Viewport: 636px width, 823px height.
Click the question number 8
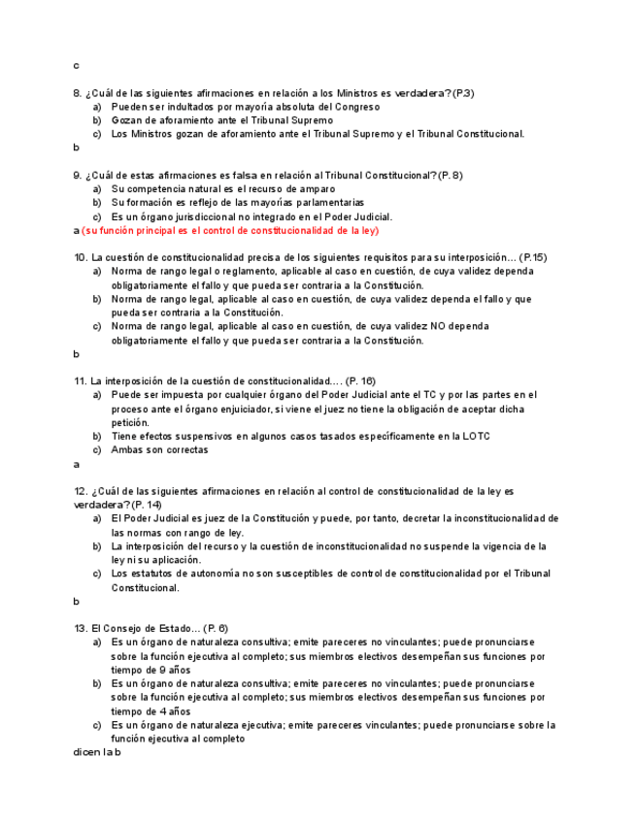click(78, 93)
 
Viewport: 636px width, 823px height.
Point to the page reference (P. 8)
click(451, 175)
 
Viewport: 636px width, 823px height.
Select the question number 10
click(81, 257)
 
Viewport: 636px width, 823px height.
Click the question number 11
click(81, 381)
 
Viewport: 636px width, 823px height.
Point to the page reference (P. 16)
click(362, 381)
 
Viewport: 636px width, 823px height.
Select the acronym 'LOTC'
click(476, 436)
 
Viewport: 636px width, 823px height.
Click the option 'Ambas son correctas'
click(159, 449)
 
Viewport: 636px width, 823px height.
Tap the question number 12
click(81, 492)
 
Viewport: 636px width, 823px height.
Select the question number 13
click(81, 628)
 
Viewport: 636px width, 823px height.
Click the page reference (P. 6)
click(214, 628)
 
